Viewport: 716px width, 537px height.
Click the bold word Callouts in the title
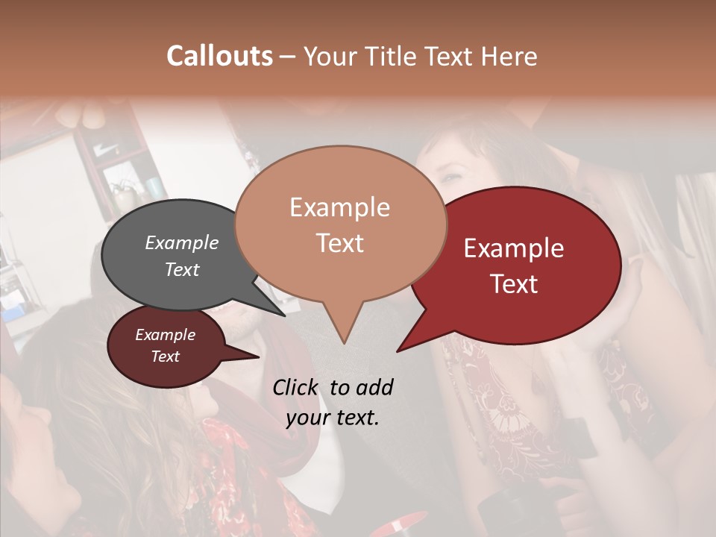(219, 56)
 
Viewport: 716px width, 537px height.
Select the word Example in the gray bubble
(182, 242)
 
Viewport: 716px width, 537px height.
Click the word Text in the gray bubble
(182, 269)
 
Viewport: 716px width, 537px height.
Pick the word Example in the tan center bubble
(339, 207)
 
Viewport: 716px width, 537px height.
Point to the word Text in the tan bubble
(339, 243)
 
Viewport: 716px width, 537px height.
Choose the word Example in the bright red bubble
(514, 248)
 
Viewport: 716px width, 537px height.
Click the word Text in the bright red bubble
(514, 284)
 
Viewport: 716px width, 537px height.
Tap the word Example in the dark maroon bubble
(166, 335)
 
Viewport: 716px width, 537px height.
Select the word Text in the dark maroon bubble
(166, 357)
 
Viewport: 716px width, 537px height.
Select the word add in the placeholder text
(374, 387)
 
